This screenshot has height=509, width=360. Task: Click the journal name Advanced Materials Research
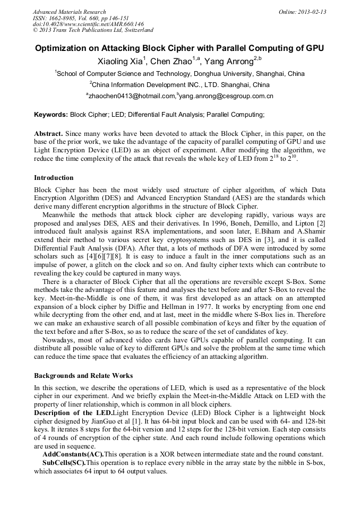point(69,12)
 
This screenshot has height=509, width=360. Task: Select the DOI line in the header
point(88,24)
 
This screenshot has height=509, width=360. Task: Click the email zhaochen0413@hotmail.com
point(131,96)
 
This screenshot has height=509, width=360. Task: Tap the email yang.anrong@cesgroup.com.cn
point(227,96)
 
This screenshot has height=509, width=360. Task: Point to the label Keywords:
point(51,114)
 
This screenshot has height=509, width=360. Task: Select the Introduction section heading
point(54,178)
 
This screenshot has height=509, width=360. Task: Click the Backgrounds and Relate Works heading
point(83,375)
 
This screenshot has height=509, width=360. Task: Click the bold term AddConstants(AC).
point(73,454)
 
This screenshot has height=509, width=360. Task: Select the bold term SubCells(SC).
point(64,463)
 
